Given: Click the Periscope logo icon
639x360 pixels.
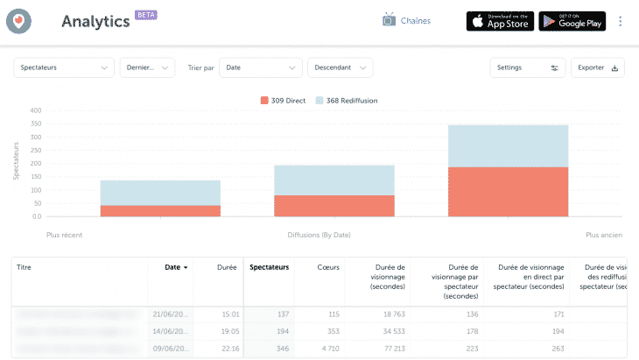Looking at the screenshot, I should [18, 21].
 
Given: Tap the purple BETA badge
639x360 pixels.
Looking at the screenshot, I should [145, 16].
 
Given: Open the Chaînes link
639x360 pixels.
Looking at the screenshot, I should [406, 21].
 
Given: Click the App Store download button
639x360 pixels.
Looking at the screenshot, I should [500, 21].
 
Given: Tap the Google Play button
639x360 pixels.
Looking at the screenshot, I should [572, 21].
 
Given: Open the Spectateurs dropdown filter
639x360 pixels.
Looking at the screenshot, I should [65, 67].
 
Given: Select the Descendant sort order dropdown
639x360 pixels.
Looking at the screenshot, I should [340, 67].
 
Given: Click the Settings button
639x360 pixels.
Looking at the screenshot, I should [527, 67].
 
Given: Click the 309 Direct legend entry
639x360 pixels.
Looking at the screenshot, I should [283, 101].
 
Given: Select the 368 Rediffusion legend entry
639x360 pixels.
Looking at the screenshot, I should [346, 101].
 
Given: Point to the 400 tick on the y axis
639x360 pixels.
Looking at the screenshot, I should [36, 110].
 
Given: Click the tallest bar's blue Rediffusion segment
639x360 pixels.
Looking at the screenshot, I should [508, 145].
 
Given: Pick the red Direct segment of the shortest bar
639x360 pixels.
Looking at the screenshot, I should [160, 211].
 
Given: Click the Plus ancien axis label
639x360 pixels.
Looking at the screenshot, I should [603, 235].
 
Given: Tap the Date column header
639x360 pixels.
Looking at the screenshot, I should [176, 267].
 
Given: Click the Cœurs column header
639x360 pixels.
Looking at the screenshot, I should [327, 267].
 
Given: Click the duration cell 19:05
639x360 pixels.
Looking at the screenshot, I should [229, 330].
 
